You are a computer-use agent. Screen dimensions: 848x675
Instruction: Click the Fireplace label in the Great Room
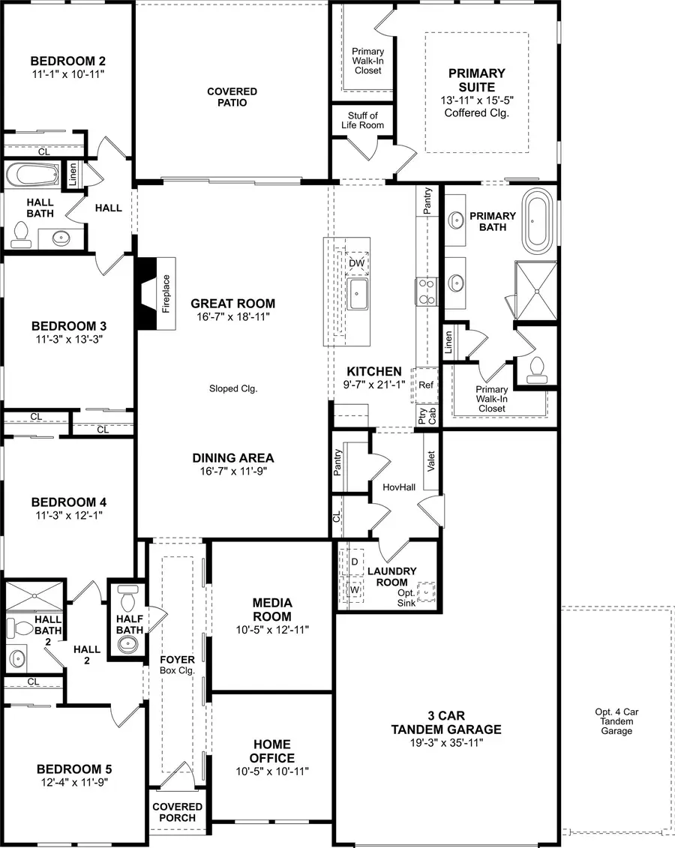[x=166, y=292]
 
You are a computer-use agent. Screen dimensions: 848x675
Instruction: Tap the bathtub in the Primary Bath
[x=537, y=220]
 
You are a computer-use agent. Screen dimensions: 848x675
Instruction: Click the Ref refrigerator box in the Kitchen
[x=426, y=385]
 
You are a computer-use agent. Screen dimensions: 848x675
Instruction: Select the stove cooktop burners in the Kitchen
[x=426, y=291]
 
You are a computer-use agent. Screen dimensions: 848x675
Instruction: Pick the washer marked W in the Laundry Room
[x=354, y=590]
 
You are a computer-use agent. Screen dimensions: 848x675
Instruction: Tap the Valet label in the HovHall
[x=430, y=460]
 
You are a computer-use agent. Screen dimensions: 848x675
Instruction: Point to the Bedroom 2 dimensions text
[x=67, y=74]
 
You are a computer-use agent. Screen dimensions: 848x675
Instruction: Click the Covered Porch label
[x=177, y=813]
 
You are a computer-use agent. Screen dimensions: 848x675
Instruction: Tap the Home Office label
[x=271, y=751]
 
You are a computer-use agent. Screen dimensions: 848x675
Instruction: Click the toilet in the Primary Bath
[x=535, y=368]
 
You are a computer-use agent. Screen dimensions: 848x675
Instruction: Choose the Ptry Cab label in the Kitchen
[x=421, y=416]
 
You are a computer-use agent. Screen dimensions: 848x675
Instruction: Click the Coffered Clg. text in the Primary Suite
[x=476, y=113]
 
